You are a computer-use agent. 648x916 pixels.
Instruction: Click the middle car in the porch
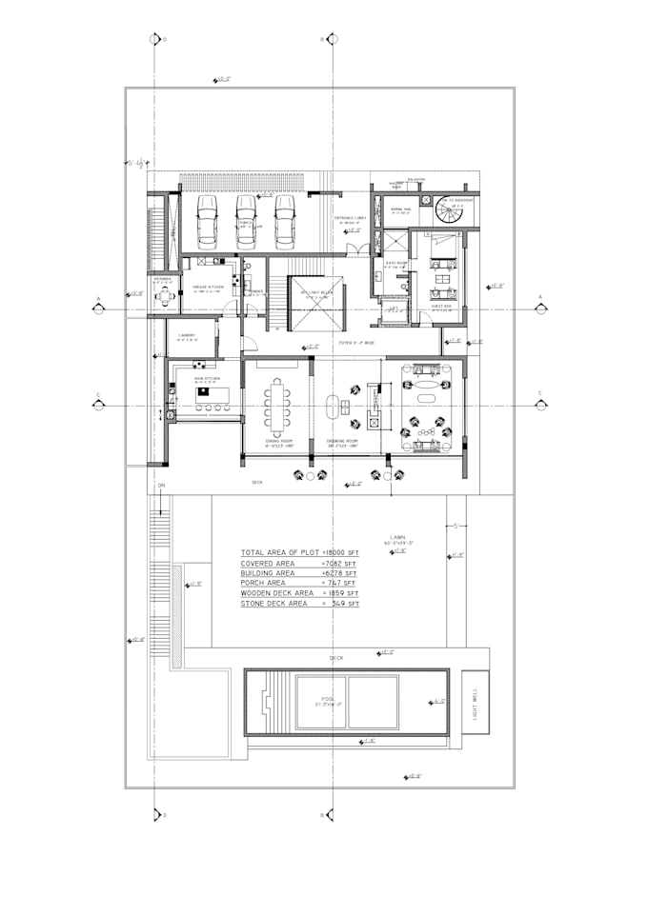246,220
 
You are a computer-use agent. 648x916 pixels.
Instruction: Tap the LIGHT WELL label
475,705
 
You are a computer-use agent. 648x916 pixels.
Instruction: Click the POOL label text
328,699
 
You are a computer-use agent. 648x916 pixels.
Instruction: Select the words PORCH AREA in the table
263,583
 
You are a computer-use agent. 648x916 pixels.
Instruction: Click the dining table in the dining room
279,404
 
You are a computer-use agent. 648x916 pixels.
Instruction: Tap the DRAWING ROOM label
340,443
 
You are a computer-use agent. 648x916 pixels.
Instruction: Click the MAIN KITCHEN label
208,378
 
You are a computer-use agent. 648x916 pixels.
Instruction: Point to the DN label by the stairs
161,487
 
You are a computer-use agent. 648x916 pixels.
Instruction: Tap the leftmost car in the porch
207,220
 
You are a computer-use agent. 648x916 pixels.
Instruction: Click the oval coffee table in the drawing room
334,407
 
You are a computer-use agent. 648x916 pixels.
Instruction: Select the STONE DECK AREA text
275,604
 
